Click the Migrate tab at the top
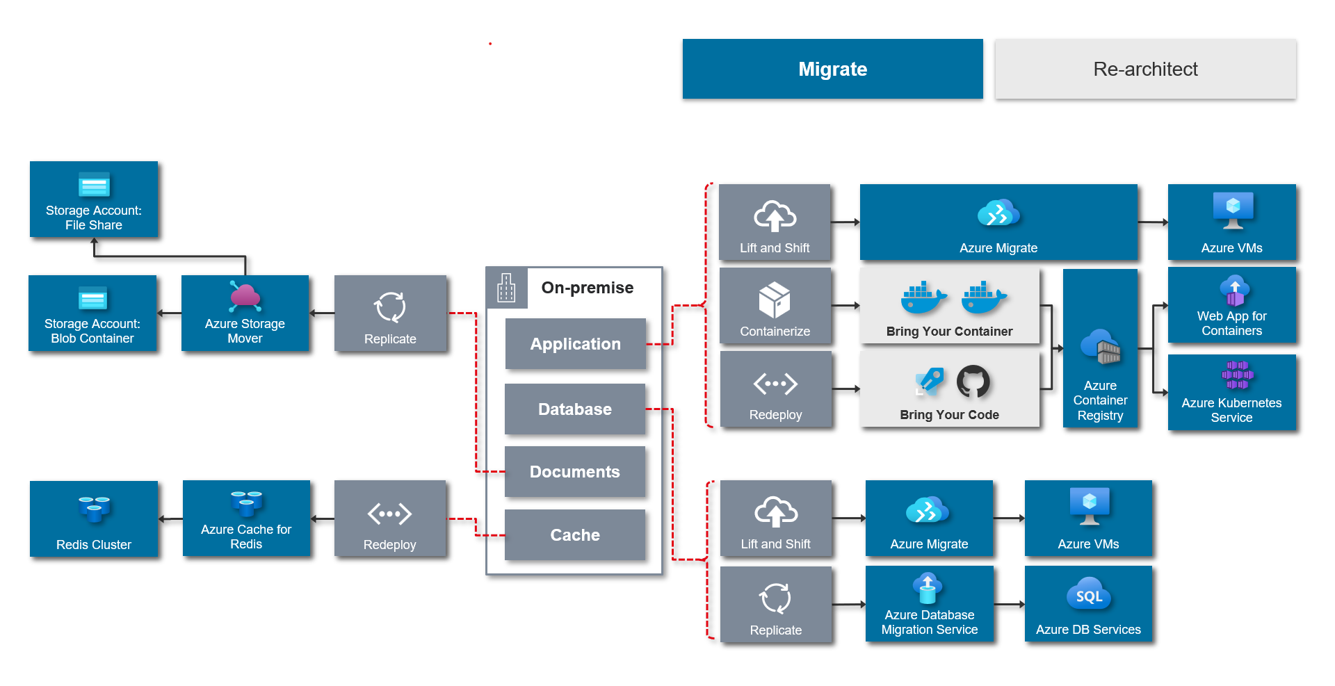[x=832, y=69]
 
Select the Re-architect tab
[x=1145, y=69]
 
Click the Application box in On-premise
[x=575, y=343]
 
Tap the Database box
[x=574, y=409]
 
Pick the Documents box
[x=574, y=471]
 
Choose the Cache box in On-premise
[x=574, y=534]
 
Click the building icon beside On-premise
[x=506, y=288]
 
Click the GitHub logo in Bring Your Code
[x=973, y=382]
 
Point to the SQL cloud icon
[x=1088, y=595]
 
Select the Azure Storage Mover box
[x=245, y=313]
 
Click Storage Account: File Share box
[x=94, y=199]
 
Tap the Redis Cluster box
[x=94, y=518]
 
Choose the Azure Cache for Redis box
[x=246, y=518]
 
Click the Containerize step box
[x=775, y=306]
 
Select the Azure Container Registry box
[x=1100, y=348]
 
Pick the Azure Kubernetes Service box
[x=1231, y=393]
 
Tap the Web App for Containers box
[x=1231, y=306]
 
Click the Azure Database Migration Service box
[x=929, y=604]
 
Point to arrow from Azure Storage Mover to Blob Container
[x=169, y=313]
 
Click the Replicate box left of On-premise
[x=390, y=313]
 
